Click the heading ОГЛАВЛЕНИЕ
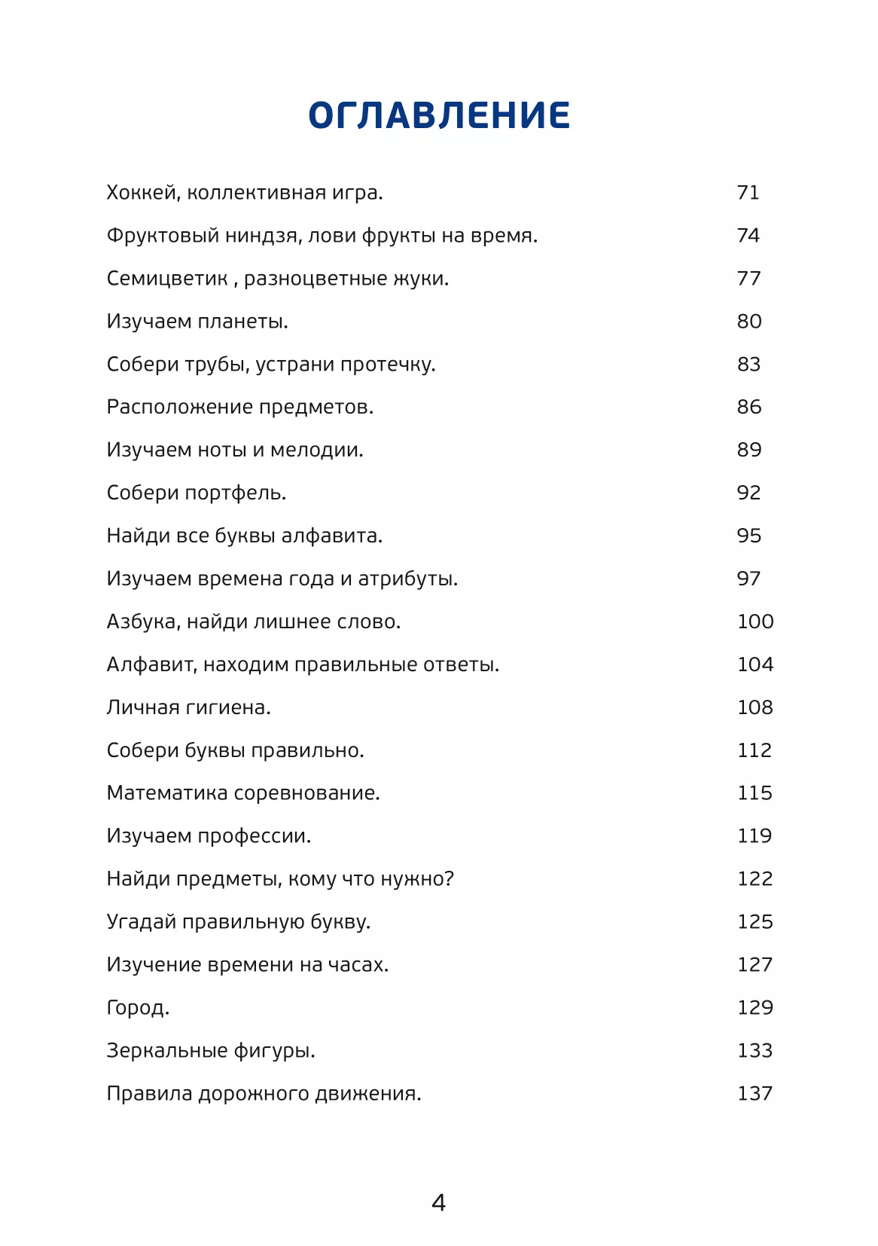coord(439,115)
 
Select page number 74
coord(748,236)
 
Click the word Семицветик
coord(166,279)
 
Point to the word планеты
coord(242,322)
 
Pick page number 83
coord(748,365)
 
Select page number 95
coord(748,536)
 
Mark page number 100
coord(755,621)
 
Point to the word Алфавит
coord(151,665)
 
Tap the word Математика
coord(167,793)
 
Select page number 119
coord(755,836)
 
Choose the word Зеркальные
coord(167,1051)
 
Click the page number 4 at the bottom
coord(438,1202)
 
